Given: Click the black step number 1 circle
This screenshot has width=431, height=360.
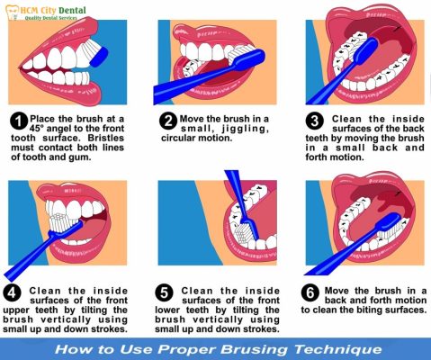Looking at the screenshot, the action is click(19, 121).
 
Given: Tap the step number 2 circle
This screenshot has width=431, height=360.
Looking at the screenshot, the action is click(168, 121).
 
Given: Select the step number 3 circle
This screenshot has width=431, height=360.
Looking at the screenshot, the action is click(315, 121).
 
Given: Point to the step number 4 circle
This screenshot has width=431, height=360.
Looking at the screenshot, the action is click(13, 292).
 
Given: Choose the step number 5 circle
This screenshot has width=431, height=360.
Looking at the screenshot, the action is click(165, 292).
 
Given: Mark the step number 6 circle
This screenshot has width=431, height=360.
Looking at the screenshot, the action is click(310, 292).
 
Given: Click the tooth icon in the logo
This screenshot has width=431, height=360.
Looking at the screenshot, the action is click(13, 13).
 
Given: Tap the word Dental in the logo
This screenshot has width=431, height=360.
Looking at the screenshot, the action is click(72, 11).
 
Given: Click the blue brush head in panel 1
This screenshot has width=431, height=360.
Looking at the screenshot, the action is click(99, 57).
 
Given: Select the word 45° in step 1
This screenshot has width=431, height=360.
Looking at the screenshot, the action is click(37, 129).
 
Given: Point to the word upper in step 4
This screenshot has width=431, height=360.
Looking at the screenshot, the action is click(16, 310).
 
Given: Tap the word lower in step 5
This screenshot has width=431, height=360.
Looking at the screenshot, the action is click(166, 310).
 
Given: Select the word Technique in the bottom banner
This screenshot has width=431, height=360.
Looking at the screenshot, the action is click(338, 349).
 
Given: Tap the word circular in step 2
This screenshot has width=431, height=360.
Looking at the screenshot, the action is click(177, 139).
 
